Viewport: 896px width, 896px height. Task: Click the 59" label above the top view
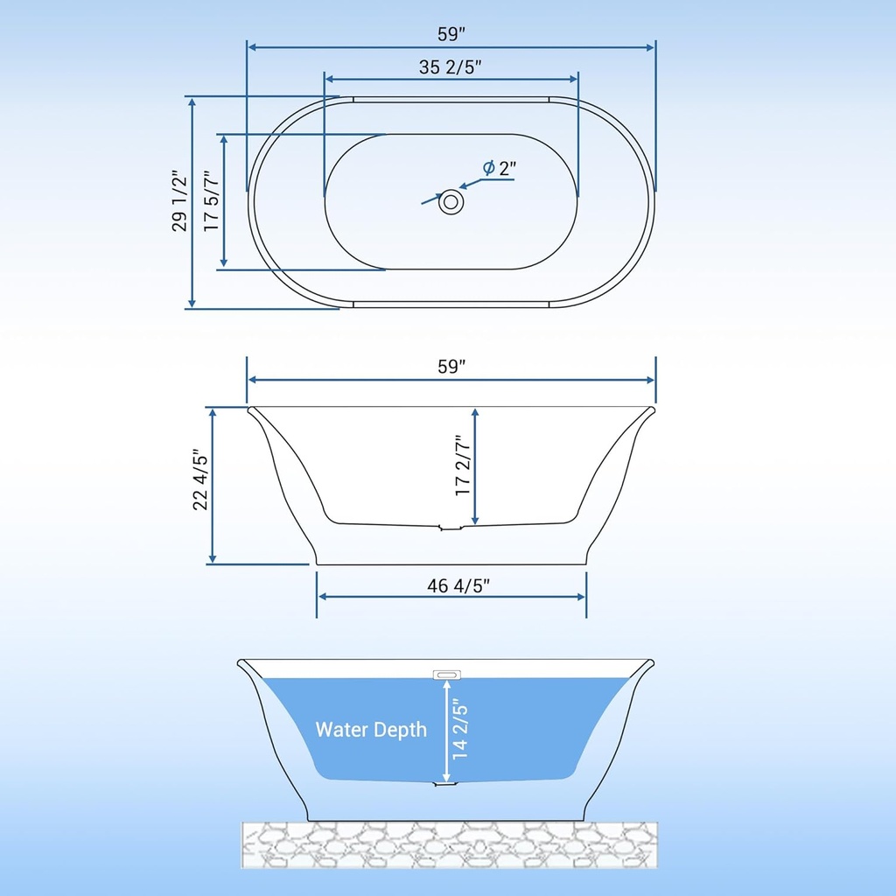[x=451, y=34]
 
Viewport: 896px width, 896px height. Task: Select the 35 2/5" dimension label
[x=451, y=66]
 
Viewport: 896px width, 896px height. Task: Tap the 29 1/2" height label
[x=180, y=201]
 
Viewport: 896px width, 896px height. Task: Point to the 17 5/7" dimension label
[x=211, y=201]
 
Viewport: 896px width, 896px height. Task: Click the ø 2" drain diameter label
[x=500, y=168]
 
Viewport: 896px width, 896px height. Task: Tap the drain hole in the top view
[x=451, y=202]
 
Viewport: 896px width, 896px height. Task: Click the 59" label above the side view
[x=451, y=367]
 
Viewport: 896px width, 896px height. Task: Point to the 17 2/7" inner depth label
[x=463, y=466]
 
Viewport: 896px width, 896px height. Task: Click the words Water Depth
[x=371, y=729]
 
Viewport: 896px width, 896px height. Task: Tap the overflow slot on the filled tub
[x=446, y=674]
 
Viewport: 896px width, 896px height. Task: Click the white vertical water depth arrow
[x=447, y=731]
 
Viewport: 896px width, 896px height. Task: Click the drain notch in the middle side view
[x=448, y=528]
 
